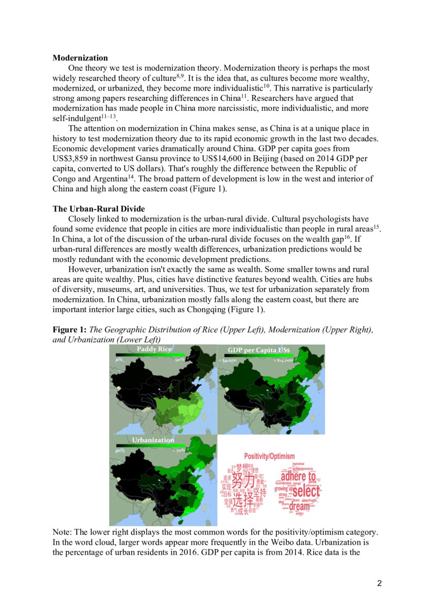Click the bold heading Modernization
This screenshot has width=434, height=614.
80,58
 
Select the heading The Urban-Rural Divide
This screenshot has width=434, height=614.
98,209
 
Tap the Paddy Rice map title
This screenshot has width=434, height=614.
154,349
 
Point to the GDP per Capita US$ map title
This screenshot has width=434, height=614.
262,350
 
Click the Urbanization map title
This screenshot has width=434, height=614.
153,440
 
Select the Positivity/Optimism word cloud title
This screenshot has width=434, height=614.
270,456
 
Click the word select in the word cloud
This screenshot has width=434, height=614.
305,492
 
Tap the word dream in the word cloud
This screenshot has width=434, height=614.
299,507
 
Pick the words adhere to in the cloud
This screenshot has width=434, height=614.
298,477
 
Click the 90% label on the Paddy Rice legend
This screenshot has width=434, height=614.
180,360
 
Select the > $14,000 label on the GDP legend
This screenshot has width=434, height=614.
283,361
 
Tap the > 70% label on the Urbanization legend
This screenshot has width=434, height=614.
178,451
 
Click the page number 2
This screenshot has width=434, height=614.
379,583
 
